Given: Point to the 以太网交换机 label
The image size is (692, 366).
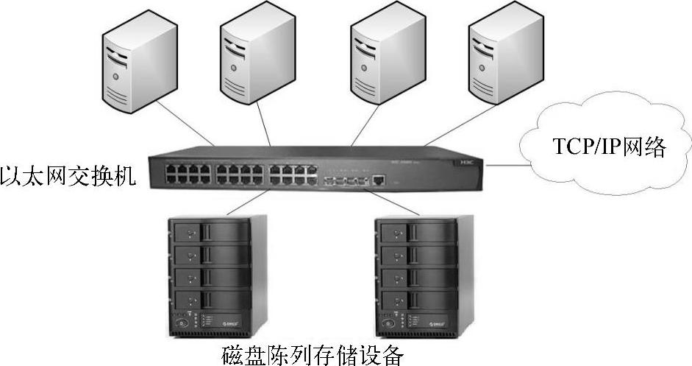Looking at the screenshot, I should coord(68,176).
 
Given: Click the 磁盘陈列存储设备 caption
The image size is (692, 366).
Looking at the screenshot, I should coord(313,355).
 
